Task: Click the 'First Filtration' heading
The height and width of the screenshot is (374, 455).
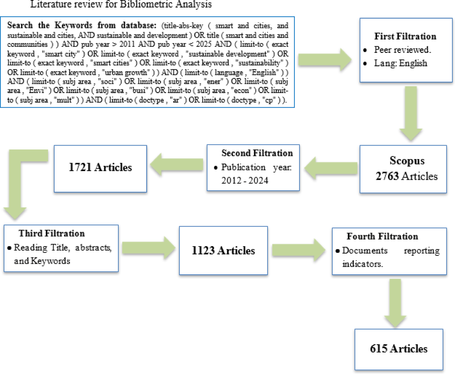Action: [405, 36]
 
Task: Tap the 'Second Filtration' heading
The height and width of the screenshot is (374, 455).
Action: [257, 153]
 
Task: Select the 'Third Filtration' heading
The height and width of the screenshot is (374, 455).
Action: [51, 233]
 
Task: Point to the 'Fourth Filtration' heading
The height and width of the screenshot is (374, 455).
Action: [382, 236]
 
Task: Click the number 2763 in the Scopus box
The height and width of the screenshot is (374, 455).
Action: [387, 176]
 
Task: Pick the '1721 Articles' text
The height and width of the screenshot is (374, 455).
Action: [100, 167]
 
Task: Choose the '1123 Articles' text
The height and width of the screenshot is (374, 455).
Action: [223, 251]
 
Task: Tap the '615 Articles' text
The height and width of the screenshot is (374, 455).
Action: [398, 349]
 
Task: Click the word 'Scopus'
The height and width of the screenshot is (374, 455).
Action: [407, 161]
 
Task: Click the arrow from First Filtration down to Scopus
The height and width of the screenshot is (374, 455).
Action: [411, 112]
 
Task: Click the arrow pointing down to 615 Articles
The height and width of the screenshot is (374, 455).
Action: [395, 302]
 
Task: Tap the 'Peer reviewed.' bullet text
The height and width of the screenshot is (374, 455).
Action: [402, 50]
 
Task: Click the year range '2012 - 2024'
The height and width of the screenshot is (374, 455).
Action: [245, 181]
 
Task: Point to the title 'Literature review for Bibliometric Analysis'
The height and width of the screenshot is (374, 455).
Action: [121, 4]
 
